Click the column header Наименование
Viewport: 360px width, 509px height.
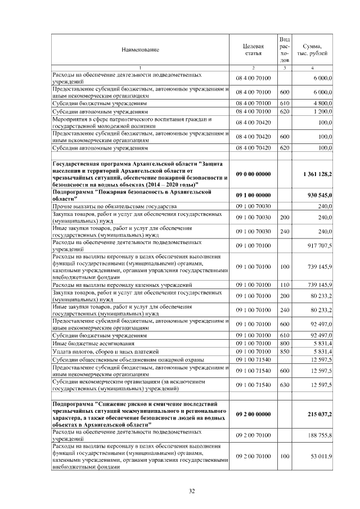coord(140,50)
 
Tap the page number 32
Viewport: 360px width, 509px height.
coord(191,492)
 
